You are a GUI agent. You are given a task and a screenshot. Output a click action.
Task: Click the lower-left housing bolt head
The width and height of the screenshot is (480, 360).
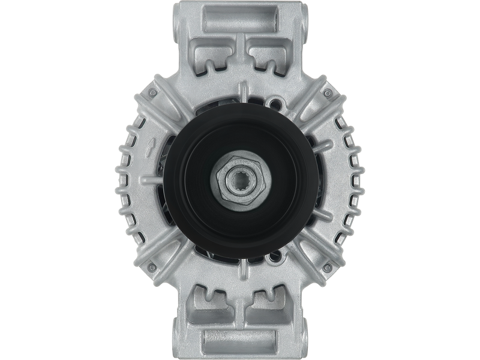tap(152, 265)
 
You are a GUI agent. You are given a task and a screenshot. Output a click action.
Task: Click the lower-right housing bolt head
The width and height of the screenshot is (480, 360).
tap(328, 265)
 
